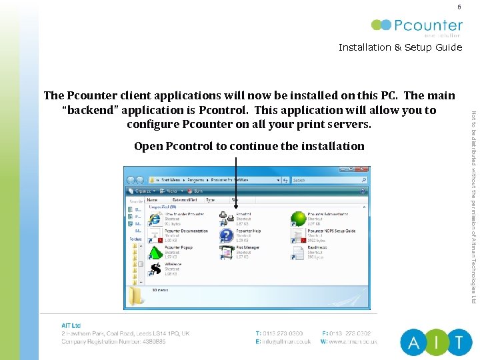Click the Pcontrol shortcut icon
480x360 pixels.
point(227,217)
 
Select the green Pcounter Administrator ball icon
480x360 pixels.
point(297,218)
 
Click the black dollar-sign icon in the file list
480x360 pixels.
point(155,269)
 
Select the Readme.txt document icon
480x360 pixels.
point(298,251)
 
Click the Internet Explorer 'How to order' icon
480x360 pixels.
point(155,217)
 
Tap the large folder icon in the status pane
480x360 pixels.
point(137,295)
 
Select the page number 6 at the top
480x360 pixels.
point(459,7)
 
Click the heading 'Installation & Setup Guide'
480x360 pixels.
point(400,47)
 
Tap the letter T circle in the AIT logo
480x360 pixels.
point(459,343)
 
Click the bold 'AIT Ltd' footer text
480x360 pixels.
point(71,325)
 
